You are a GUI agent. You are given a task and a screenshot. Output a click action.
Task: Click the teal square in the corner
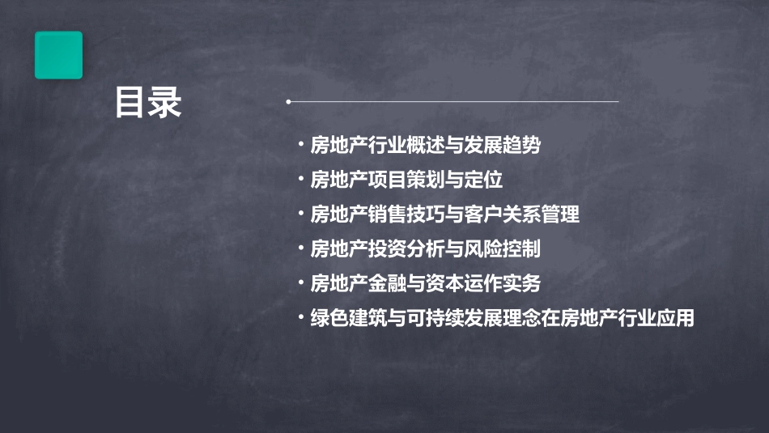[x=58, y=55]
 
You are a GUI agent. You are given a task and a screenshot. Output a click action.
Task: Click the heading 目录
[x=148, y=103]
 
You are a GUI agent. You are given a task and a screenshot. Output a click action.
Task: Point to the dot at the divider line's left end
[x=288, y=102]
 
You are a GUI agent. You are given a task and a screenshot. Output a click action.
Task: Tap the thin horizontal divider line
[x=453, y=102]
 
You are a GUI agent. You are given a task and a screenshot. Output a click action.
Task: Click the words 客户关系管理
[x=530, y=214]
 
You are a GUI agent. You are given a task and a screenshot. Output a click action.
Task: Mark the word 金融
[x=387, y=283]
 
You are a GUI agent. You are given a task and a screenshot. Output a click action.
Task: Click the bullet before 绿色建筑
[x=302, y=318]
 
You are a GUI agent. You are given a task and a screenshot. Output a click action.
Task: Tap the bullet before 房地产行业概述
[x=302, y=146]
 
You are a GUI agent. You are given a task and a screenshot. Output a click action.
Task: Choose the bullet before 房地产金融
[x=302, y=283]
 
